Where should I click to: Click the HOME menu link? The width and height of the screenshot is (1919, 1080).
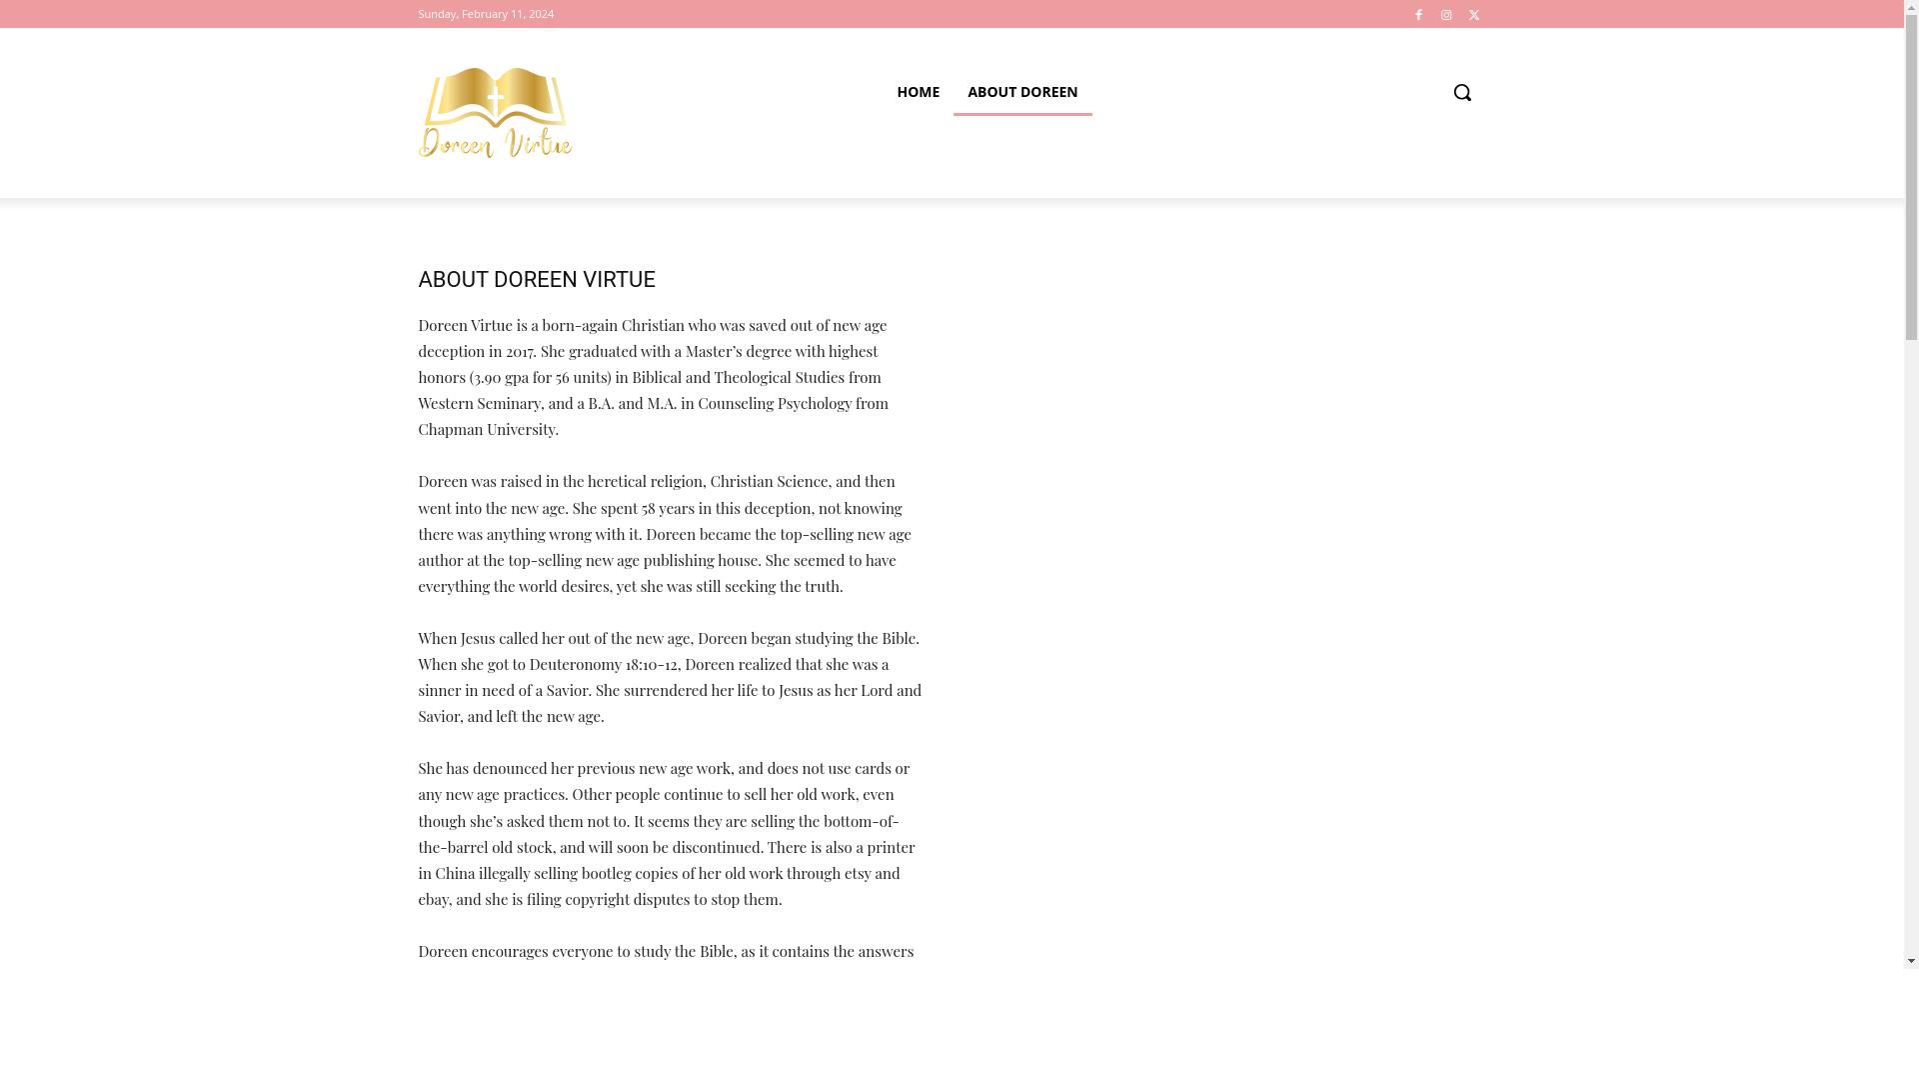pos(918,92)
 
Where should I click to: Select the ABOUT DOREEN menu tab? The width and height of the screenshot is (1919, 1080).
pos(1022,92)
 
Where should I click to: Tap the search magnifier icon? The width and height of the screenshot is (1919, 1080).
pos(1462,92)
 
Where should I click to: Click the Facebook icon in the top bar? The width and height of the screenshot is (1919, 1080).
pos(1418,15)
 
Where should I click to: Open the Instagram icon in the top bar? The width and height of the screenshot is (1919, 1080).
pos(1446,15)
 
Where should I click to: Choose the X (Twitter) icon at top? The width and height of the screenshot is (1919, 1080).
pos(1474,15)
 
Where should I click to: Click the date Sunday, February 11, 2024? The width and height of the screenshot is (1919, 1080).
pos(486,14)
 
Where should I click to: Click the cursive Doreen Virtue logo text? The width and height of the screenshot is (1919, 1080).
pos(496,143)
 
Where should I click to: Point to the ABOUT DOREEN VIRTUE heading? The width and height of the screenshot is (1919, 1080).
pos(537,280)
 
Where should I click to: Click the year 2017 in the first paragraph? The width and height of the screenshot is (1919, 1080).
pos(520,352)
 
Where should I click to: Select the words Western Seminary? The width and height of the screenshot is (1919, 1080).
pos(479,404)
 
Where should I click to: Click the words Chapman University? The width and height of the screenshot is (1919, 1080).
pos(487,430)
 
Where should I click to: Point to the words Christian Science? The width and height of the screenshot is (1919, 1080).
pos(769,482)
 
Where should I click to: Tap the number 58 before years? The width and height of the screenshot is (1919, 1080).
pos(649,509)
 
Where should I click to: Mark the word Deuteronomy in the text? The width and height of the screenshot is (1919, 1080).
pos(575,665)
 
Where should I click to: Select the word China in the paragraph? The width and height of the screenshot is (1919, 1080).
pos(455,874)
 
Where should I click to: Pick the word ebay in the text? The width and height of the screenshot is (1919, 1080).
pos(433,900)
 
